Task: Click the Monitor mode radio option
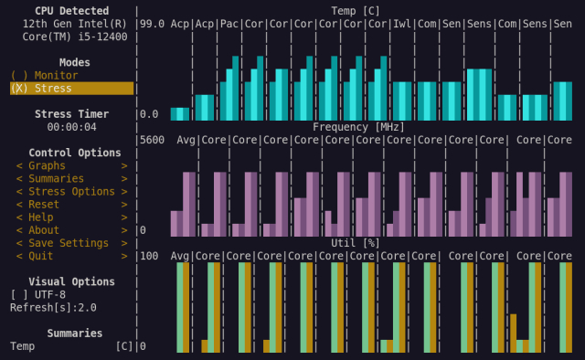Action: pyautogui.click(x=43, y=75)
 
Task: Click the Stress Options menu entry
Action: pyautogui.click(x=71, y=192)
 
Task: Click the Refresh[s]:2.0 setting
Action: pyautogui.click(x=53, y=307)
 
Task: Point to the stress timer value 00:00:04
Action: pyautogui.click(x=71, y=127)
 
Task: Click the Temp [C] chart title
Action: pyautogui.click(x=357, y=11)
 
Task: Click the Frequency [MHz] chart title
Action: pyautogui.click(x=357, y=127)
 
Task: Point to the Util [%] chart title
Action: pyautogui.click(x=357, y=242)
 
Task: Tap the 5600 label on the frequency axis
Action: pyautogui.click(x=152, y=140)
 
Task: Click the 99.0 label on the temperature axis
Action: pyautogui.click(x=152, y=24)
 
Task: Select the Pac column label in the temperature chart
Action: pyautogui.click(x=229, y=24)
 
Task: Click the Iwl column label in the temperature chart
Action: pyautogui.click(x=402, y=24)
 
